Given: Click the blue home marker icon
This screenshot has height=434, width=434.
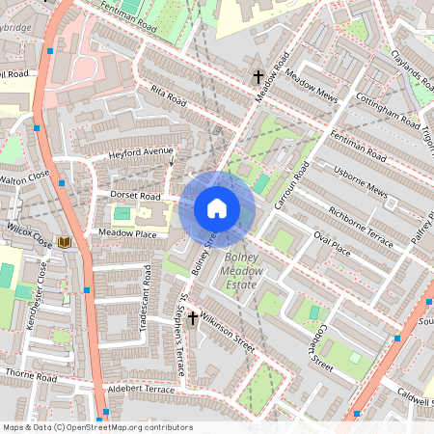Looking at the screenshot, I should point(217,208).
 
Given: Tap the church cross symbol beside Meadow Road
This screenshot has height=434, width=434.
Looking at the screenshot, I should point(258,76).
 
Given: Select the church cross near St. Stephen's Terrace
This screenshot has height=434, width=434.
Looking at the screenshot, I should point(193,317).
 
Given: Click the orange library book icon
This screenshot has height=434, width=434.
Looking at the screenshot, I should point(65,241).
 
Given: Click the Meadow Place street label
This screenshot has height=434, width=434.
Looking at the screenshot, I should point(121,233).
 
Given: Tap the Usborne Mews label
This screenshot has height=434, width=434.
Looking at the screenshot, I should point(359,187).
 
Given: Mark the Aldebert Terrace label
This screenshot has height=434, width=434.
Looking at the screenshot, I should point(141,388).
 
